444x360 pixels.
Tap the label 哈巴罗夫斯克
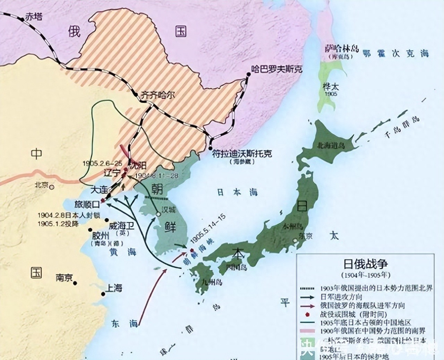point(277,69)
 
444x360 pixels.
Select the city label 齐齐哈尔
point(158,95)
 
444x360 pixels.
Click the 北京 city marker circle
point(52,187)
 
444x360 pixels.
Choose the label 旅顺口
point(87,204)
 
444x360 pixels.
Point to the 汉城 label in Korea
point(169,209)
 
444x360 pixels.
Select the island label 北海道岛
point(331,146)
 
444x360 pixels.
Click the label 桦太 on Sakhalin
point(330,87)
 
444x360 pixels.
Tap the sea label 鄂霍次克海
point(396,53)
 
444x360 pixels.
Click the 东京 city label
point(306,236)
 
